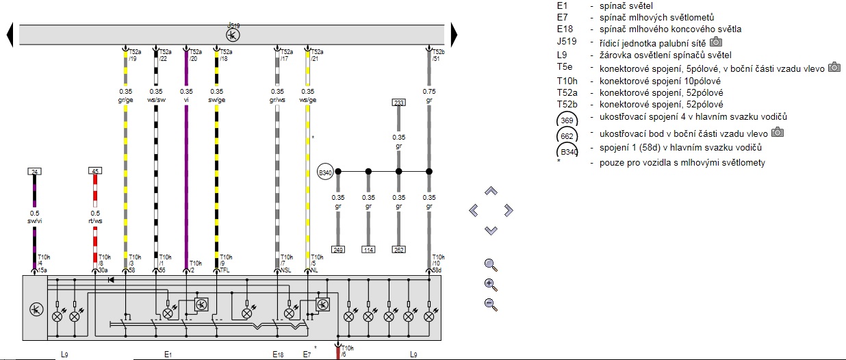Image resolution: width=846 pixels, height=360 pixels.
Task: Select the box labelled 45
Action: (x=95, y=171)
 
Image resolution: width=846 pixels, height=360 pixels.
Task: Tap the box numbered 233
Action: (x=398, y=102)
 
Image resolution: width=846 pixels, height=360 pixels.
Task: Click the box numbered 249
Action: (x=337, y=249)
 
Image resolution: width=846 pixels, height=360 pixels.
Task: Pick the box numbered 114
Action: (x=368, y=249)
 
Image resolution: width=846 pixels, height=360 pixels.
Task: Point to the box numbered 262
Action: (x=398, y=249)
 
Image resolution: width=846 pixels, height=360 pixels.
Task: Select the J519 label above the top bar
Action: (x=233, y=25)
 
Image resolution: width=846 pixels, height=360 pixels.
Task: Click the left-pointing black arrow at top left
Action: (x=10, y=35)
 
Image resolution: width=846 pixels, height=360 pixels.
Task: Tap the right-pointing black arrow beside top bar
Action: (x=453, y=35)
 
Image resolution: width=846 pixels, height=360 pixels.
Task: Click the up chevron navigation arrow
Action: (x=491, y=191)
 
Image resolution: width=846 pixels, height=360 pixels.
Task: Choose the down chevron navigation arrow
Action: (x=491, y=230)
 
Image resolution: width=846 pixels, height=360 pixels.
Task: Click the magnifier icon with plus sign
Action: (x=490, y=284)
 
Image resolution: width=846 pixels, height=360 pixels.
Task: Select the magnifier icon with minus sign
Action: (x=490, y=304)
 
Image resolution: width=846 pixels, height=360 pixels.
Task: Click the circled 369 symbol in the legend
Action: (x=567, y=120)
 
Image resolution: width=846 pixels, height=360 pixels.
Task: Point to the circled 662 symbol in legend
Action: (x=567, y=135)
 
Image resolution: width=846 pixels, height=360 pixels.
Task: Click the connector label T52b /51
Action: (x=439, y=55)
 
